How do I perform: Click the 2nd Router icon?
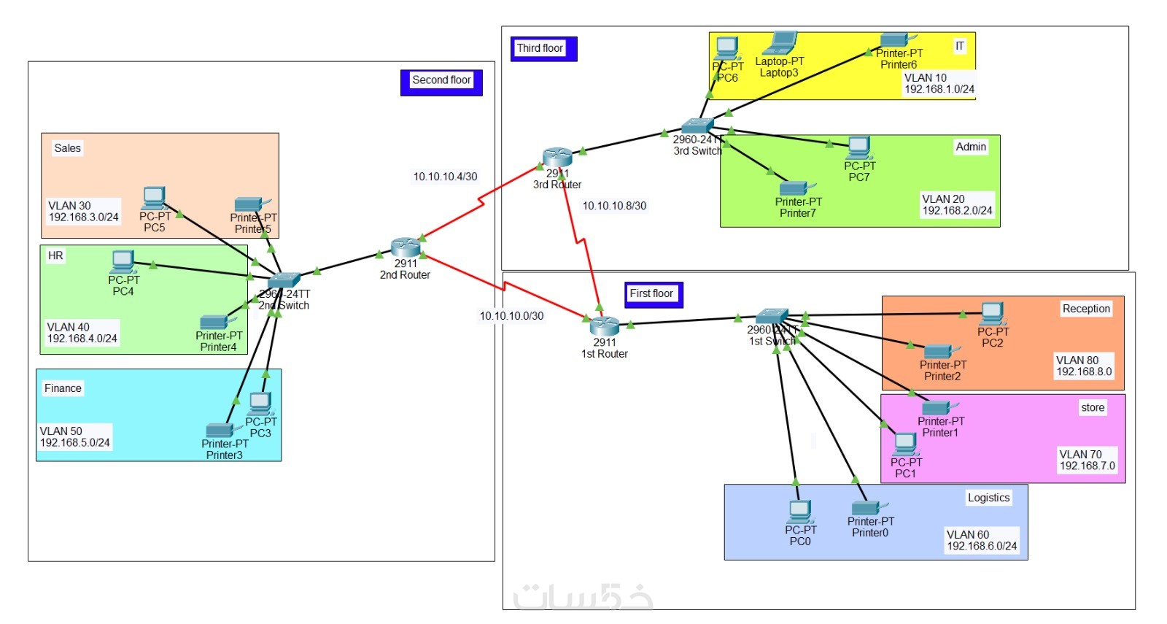coord(405,247)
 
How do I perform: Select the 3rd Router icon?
coord(557,157)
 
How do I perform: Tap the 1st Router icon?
coord(604,326)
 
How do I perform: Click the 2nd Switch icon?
coord(283,281)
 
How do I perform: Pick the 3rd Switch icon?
coord(697,126)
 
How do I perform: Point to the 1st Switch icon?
coord(772,316)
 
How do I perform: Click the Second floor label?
coord(441,80)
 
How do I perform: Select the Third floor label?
coord(540,48)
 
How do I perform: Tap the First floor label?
coord(651,293)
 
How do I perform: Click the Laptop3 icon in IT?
coord(780,44)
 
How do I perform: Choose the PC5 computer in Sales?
coord(154,198)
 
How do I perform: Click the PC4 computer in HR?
coord(123,261)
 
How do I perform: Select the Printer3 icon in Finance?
coord(219,430)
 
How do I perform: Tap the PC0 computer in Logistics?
coord(799,511)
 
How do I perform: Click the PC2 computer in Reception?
coord(992,313)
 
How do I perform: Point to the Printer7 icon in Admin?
coord(794,188)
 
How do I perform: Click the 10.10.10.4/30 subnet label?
coord(445,177)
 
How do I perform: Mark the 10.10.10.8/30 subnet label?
coord(614,206)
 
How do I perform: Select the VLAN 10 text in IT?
coord(925,77)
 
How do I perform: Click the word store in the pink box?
coord(1092,407)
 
